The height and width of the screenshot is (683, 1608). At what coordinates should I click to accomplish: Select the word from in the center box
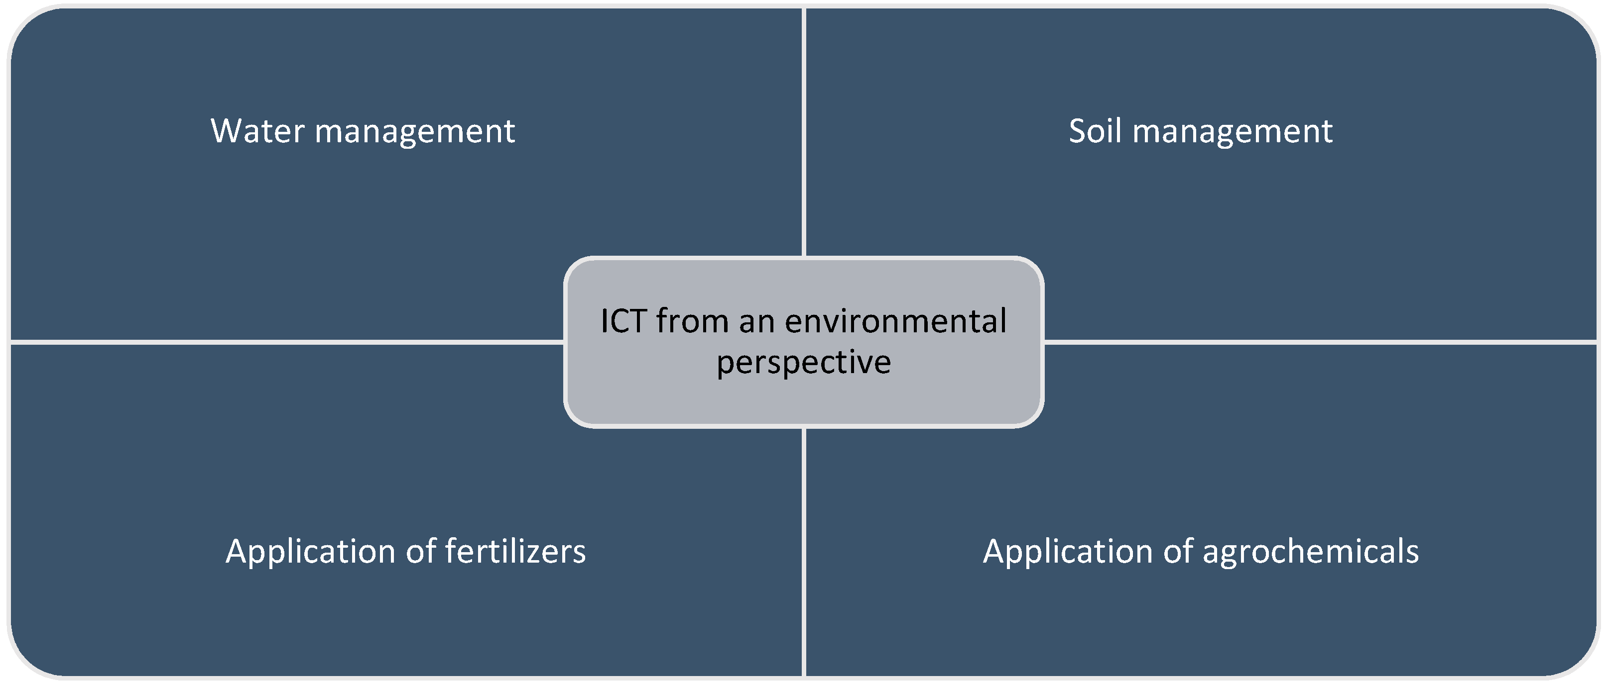(x=692, y=321)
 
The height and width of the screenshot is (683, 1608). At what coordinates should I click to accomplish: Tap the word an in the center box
(x=756, y=322)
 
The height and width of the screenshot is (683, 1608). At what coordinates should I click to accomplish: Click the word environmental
(x=895, y=321)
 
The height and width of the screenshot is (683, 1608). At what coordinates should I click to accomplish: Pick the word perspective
(x=803, y=363)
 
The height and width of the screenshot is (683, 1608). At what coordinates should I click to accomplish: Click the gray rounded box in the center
(x=803, y=399)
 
